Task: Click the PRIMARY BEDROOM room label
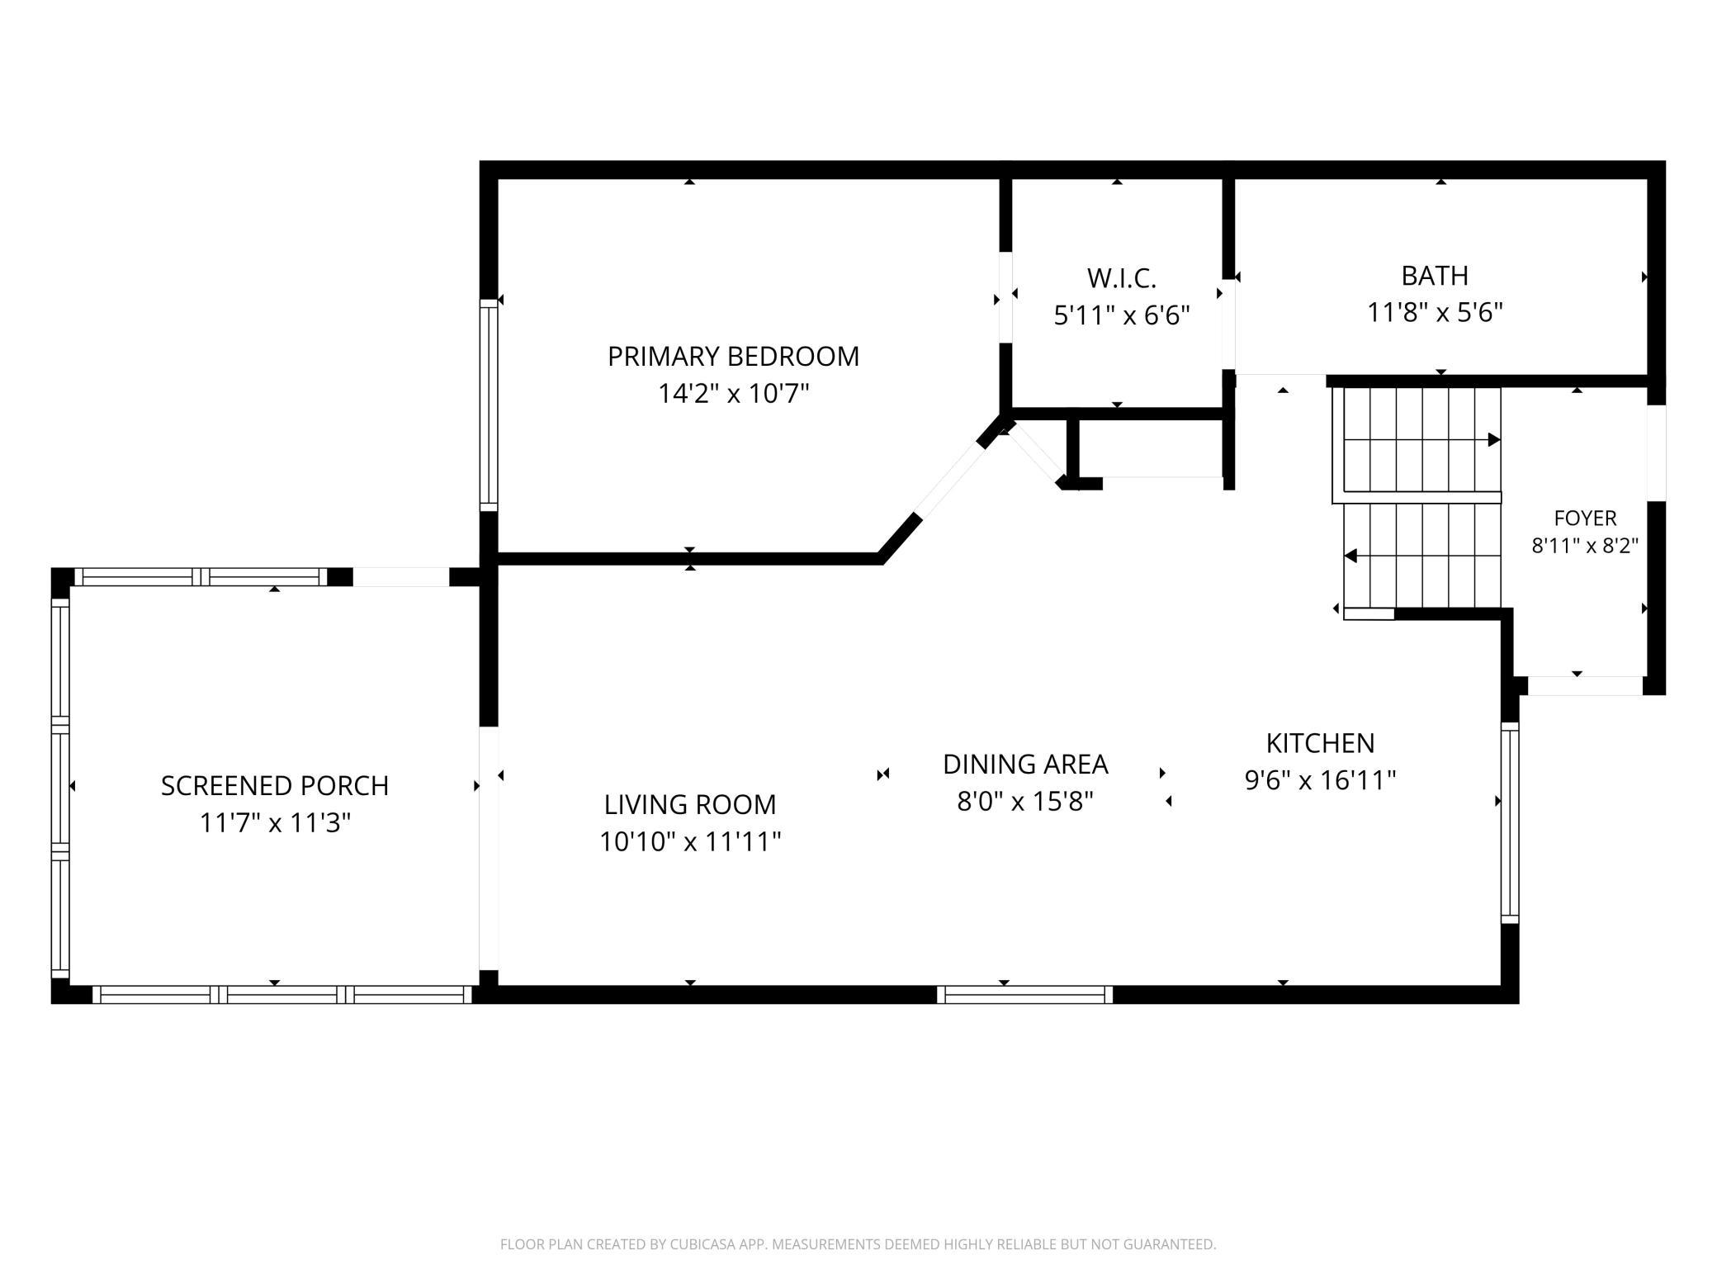[733, 357]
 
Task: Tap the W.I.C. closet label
[1121, 279]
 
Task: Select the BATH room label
[1435, 276]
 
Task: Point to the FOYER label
[1585, 519]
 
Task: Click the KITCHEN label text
[1320, 743]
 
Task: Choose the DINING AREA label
[1025, 765]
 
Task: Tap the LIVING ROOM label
[690, 804]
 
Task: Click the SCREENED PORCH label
[275, 786]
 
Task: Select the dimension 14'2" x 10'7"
[733, 394]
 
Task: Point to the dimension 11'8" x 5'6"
[1435, 313]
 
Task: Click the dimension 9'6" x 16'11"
[1320, 780]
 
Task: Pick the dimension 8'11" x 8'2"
[1585, 546]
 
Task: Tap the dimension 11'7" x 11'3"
[275, 823]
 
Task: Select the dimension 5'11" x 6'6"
[1121, 315]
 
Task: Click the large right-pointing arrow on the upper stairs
[1494, 440]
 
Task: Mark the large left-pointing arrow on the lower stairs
[1350, 556]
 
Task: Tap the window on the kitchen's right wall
[1510, 822]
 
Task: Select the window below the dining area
[1024, 995]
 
